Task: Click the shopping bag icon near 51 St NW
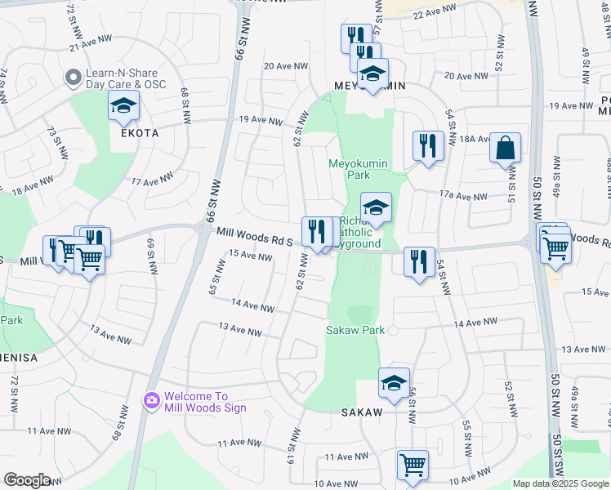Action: click(x=506, y=149)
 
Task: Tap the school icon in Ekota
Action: click(x=123, y=106)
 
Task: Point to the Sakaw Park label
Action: click(x=355, y=331)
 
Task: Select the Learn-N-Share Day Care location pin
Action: click(x=74, y=78)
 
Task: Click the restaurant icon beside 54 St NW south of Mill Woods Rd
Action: click(x=419, y=262)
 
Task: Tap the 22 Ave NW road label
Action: click(x=434, y=14)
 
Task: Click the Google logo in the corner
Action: click(x=27, y=480)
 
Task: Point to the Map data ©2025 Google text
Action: click(x=560, y=483)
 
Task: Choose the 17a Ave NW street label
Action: click(x=462, y=195)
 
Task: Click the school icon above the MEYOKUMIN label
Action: click(x=372, y=75)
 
